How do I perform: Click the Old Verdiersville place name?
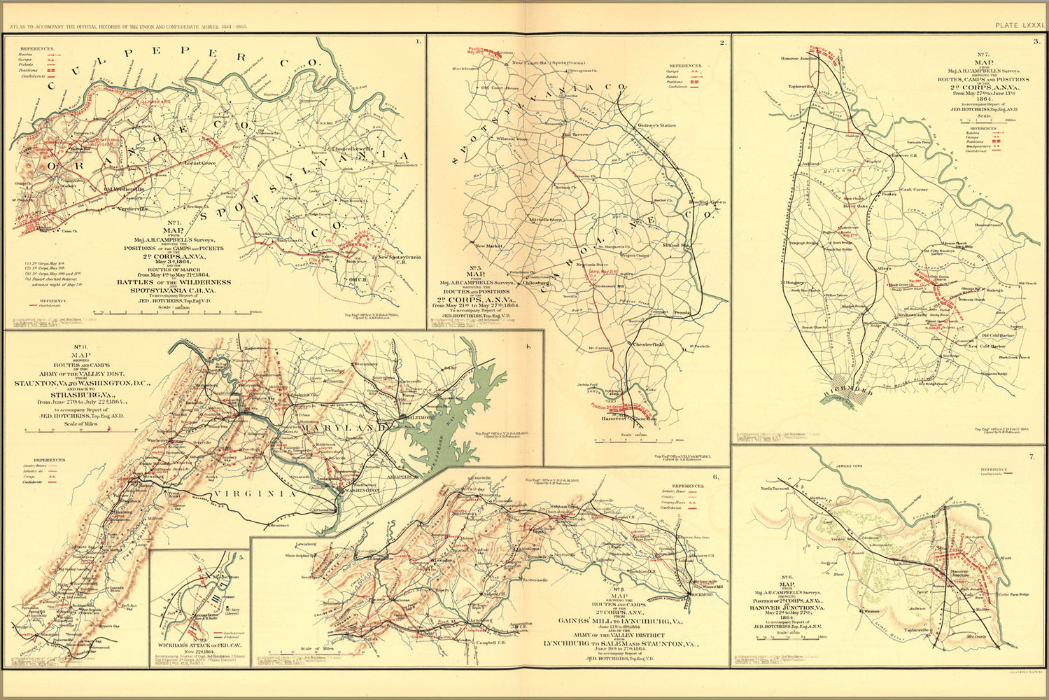(x=124, y=189)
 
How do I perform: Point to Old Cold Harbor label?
(x=997, y=335)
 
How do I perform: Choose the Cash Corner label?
(x=914, y=190)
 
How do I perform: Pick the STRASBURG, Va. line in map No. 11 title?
(x=62, y=394)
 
